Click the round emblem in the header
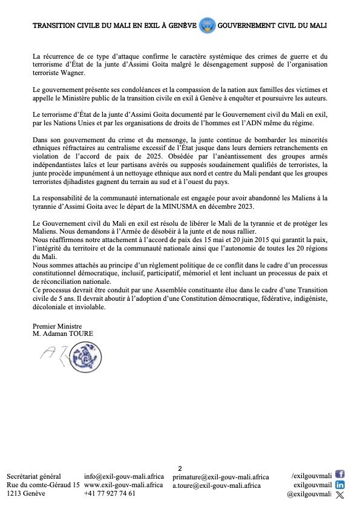tap(207, 26)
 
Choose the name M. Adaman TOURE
tap(64, 333)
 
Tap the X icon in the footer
tap(339, 494)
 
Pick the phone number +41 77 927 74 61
tap(110, 493)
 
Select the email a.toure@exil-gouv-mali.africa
tap(216, 485)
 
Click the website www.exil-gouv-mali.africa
tap(123, 485)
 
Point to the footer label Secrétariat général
tap(34, 477)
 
